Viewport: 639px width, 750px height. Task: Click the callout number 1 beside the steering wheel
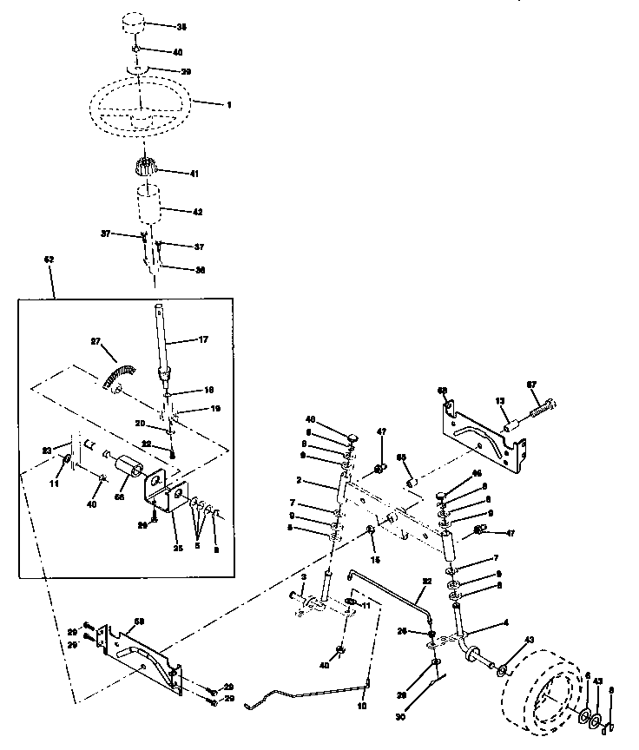(x=229, y=105)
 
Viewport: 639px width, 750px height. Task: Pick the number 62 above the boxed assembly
(x=49, y=260)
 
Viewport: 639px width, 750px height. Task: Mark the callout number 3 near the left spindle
(x=305, y=577)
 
